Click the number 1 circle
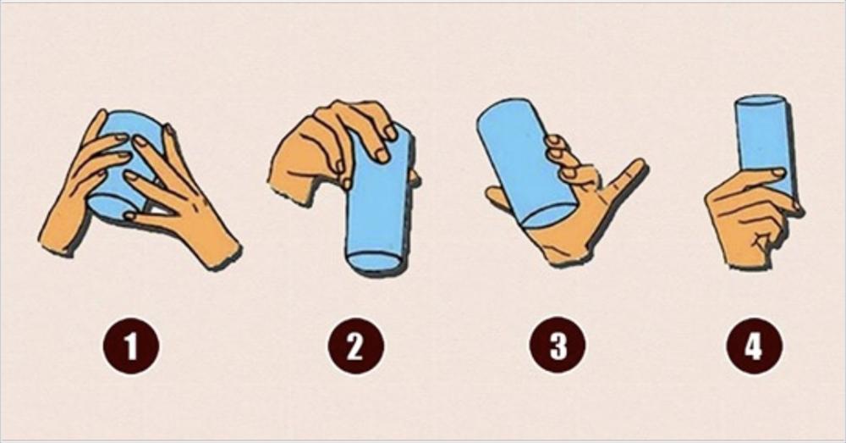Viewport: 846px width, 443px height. (131, 346)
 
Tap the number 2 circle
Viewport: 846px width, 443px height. (355, 346)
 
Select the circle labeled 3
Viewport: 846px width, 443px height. (558, 345)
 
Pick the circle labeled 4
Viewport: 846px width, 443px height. (754, 346)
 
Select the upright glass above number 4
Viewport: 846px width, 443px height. (763, 145)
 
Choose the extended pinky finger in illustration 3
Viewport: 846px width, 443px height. (625, 178)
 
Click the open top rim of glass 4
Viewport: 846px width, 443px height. (762, 102)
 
